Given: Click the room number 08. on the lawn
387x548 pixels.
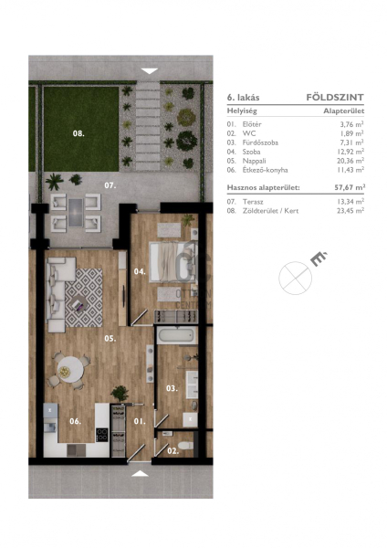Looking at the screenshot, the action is point(78,133).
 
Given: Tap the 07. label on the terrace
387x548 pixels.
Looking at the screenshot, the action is point(110,185).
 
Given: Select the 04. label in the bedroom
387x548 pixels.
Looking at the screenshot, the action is point(140,271).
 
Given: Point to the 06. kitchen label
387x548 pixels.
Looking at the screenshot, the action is point(75,421).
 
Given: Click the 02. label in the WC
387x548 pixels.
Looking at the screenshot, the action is point(173,451).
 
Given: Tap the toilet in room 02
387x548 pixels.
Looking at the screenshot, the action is point(185,446).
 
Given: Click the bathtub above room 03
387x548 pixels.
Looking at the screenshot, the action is point(175,335).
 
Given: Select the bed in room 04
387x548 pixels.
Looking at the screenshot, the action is point(172,262).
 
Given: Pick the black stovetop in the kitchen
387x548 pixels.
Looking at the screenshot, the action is point(102,435).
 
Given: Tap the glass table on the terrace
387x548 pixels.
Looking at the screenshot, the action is point(76,213).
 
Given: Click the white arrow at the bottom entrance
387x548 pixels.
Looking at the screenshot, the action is point(140,473).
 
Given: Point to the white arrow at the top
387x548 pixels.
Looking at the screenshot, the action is point(150,71).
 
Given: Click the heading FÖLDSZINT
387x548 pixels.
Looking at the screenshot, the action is point(335,97).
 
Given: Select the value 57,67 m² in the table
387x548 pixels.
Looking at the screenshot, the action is point(350,187).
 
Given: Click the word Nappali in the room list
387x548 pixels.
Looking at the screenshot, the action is point(254,161).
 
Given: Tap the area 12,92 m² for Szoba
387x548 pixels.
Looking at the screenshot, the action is point(350,152).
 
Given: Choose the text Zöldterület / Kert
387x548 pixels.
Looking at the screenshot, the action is point(270,211).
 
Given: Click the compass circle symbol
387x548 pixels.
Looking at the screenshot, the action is point(295,278).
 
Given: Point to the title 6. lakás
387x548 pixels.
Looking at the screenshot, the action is point(243,97).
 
